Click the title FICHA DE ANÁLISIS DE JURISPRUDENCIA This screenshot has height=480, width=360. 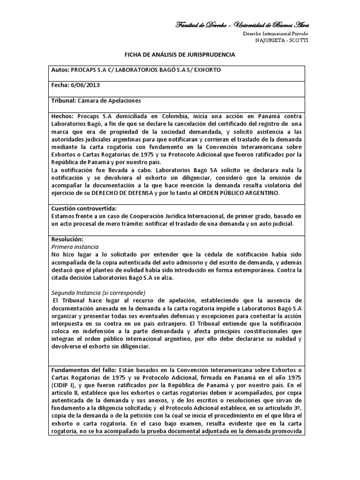pos(180,55)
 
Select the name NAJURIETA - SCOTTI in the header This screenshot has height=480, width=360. pos(282,40)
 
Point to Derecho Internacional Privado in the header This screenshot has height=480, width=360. pos(275,34)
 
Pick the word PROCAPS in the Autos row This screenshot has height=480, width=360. pos(82,70)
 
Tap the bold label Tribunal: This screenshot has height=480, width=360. pos(63,101)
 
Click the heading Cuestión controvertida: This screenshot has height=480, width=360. pos(83,208)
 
